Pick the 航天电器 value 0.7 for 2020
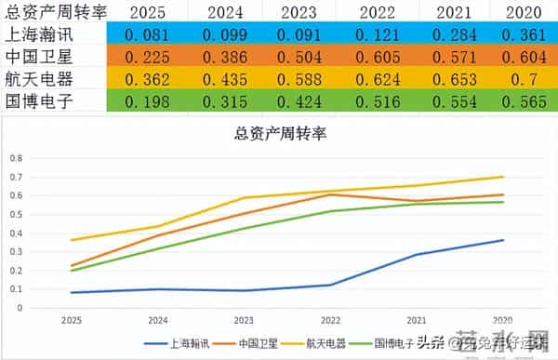[524, 78]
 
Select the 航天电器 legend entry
[323, 342]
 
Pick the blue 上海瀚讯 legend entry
[187, 342]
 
